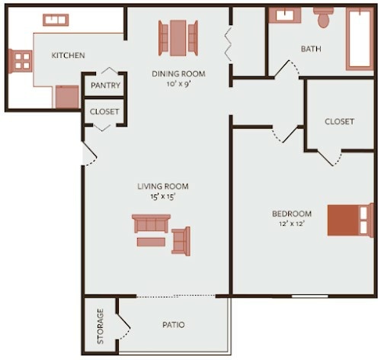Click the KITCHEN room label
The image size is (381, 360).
point(68,56)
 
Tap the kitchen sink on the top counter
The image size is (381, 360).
point(55,21)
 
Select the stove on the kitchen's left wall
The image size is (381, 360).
point(20,61)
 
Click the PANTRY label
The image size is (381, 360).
point(106,85)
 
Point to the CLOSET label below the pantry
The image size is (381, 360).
point(104,111)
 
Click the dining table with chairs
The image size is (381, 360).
point(178,37)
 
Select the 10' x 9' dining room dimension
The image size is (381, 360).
point(181,84)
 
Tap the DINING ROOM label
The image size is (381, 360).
point(181,74)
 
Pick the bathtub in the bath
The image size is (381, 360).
point(360,38)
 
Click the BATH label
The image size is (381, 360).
point(311,49)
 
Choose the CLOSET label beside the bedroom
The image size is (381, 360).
point(339,121)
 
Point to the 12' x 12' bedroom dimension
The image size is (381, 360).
point(292,223)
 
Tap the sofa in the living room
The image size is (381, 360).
point(151,223)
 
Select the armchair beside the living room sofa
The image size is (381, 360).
point(181,240)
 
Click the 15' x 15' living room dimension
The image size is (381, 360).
point(162,197)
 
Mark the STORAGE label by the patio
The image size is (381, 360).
point(101,326)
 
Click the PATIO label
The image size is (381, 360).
point(173,325)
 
